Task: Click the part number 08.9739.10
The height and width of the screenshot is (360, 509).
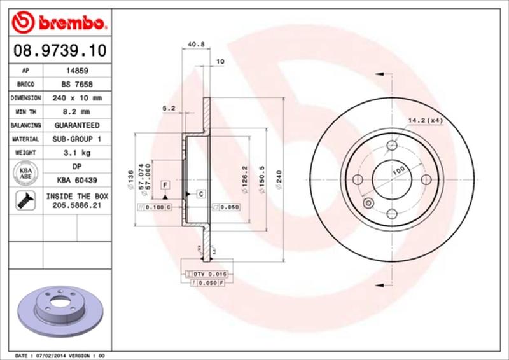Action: click(x=55, y=50)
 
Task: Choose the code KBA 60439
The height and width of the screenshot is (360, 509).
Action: click(x=72, y=180)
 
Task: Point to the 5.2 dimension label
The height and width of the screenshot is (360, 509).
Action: click(x=169, y=109)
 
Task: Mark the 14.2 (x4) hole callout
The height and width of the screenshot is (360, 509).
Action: click(x=425, y=120)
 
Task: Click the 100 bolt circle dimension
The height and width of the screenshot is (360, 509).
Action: click(x=398, y=170)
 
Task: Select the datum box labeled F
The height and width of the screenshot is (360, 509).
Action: click(x=164, y=185)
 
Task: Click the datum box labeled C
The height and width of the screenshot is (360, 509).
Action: click(x=200, y=193)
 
